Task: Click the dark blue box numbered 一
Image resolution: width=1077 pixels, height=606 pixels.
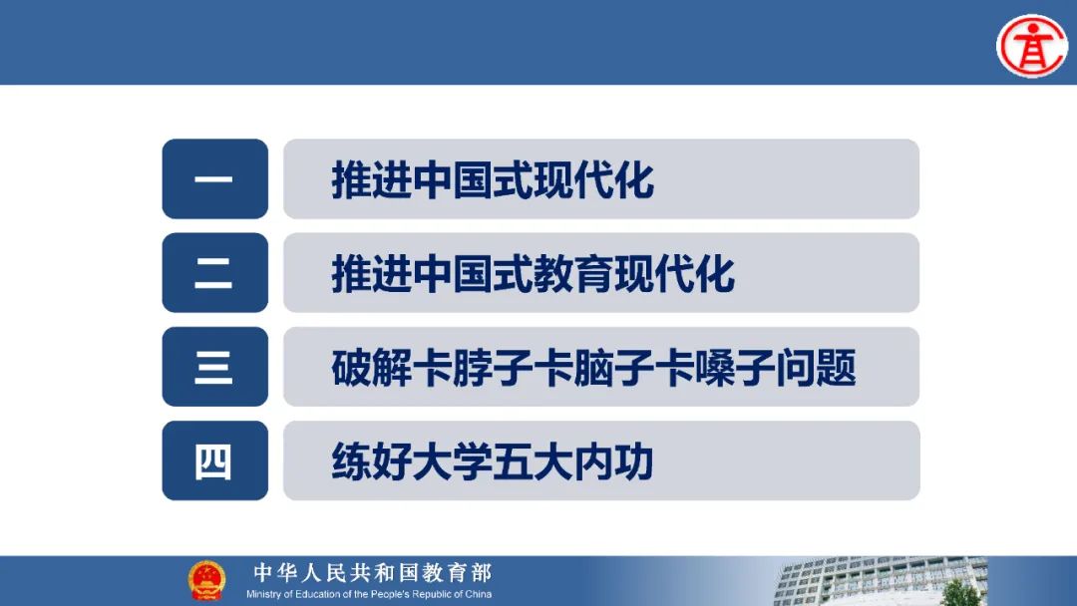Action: [215, 179]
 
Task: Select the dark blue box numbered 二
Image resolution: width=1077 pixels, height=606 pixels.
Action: [215, 272]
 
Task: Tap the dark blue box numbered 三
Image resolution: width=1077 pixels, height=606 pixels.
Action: [215, 367]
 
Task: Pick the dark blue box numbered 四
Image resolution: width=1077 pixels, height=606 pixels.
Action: [215, 460]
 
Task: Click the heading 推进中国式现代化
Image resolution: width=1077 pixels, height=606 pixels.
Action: [493, 180]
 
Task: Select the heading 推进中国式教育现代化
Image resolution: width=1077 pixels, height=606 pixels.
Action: [533, 274]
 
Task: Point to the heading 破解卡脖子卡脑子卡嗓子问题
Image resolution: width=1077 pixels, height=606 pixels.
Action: [594, 368]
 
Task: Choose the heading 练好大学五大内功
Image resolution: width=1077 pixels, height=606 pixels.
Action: [493, 461]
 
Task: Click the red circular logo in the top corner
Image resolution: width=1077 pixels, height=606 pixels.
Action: [1032, 46]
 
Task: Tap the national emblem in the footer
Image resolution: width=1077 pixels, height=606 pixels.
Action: [206, 580]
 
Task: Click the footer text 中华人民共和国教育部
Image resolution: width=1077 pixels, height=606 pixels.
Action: [372, 572]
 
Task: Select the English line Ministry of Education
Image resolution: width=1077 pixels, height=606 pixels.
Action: [369, 594]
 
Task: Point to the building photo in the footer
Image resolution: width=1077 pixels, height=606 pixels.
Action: [881, 581]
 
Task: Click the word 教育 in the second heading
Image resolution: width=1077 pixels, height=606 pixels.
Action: [573, 274]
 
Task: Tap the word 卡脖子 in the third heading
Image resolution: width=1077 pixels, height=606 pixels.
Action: [473, 368]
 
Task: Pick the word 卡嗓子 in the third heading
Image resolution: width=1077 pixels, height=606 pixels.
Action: [715, 368]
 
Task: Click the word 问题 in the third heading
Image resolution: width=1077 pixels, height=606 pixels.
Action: [817, 368]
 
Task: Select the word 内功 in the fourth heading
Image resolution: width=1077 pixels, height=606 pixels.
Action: [613, 461]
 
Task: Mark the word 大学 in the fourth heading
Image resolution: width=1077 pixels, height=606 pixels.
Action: [452, 461]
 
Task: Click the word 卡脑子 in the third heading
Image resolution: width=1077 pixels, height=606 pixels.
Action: [594, 368]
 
